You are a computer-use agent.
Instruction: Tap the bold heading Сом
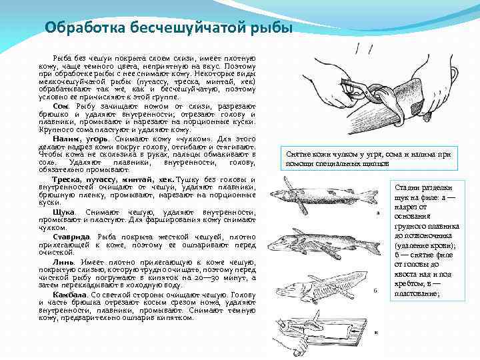pos(60,107)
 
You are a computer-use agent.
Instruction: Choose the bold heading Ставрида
pos(73,237)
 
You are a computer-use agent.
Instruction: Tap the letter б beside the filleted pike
pos(377,291)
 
